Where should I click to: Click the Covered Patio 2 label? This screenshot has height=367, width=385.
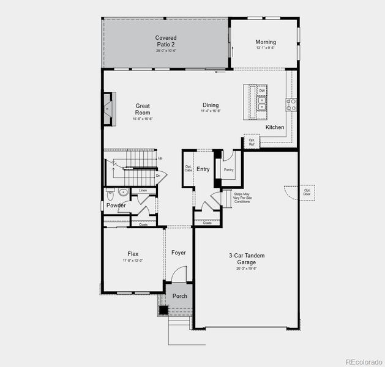(x=166, y=42)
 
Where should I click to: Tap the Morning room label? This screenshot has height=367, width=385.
(x=266, y=42)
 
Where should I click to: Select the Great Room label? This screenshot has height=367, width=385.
(x=143, y=109)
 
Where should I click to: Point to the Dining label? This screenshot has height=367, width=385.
(x=211, y=105)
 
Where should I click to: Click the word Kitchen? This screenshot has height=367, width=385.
(x=275, y=127)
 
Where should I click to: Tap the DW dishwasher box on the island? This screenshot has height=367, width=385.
(x=262, y=91)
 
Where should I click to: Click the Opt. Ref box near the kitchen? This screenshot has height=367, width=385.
(x=252, y=141)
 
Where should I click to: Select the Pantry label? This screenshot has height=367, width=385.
(x=228, y=169)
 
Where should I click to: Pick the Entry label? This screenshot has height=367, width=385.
(x=203, y=169)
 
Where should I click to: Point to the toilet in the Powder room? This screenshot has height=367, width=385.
(x=111, y=194)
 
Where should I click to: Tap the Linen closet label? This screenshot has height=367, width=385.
(x=143, y=191)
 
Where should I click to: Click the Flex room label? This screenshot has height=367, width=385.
(x=133, y=253)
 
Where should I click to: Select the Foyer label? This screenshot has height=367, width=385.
(x=178, y=253)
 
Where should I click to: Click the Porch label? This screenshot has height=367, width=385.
(x=180, y=296)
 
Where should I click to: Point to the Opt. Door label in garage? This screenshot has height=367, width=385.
(x=307, y=192)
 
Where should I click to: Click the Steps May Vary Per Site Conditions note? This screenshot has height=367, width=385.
(x=242, y=197)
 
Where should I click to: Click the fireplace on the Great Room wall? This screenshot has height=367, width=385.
(x=108, y=109)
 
